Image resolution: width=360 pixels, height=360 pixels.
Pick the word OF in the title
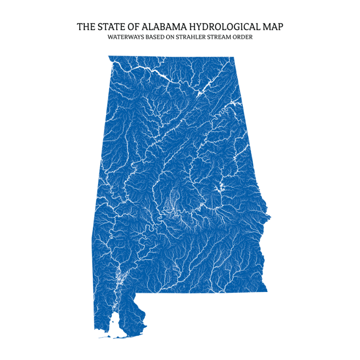coord(129,26)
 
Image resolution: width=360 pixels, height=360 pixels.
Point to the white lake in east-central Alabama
coord(217,189)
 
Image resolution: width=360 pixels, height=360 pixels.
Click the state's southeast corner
coord(267,291)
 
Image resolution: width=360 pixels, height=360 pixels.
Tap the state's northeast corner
coord(233,58)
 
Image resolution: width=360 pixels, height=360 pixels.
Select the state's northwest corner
coord(109,56)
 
